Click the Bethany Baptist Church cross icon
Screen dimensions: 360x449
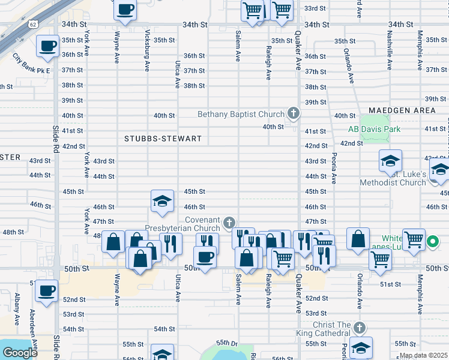[x=294, y=112]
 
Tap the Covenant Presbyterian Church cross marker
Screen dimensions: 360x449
[x=228, y=223]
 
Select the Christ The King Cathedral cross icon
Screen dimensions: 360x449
[x=359, y=328]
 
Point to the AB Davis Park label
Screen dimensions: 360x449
[x=374, y=129]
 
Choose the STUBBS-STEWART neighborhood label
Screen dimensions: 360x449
[x=163, y=139]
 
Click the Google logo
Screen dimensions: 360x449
[x=20, y=352]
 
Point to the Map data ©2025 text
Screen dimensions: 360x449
[x=424, y=355]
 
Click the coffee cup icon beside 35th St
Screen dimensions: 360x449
[x=47, y=46]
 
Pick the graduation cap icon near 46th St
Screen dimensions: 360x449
[x=161, y=202]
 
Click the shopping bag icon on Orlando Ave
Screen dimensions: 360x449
[x=358, y=238]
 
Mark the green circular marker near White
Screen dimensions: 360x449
[x=433, y=243]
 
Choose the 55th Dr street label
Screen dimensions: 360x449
[x=228, y=344]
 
